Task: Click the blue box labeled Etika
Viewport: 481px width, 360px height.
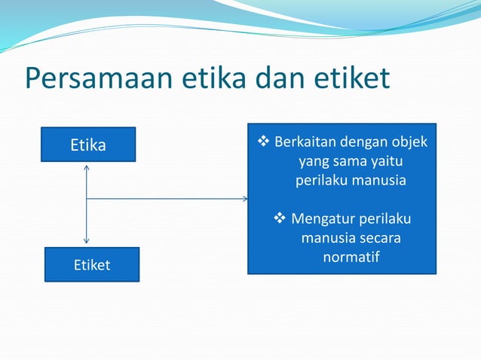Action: pyautogui.click(x=88, y=145)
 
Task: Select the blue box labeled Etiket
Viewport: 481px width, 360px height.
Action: pyautogui.click(x=91, y=264)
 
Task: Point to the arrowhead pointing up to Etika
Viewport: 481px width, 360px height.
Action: pyautogui.click(x=87, y=167)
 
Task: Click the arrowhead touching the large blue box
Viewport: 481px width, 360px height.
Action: pyautogui.click(x=244, y=199)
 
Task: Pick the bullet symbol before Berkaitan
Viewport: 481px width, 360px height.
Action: pyautogui.click(x=263, y=142)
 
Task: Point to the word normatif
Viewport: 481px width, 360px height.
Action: pyautogui.click(x=351, y=258)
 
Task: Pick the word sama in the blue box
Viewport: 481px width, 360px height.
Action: pyautogui.click(x=348, y=161)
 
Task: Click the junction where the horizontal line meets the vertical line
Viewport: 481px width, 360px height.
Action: pyautogui.click(x=87, y=199)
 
